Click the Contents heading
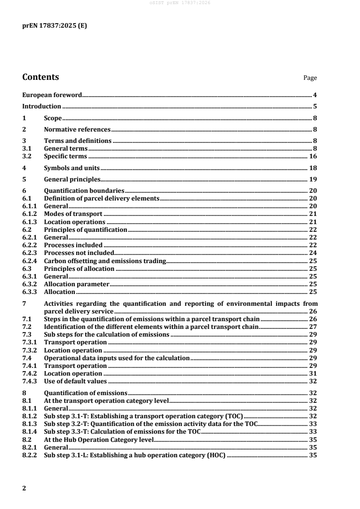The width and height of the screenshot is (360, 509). (x=40, y=77)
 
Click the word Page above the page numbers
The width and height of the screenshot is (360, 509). (x=310, y=78)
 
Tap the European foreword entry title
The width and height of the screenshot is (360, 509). (x=52, y=95)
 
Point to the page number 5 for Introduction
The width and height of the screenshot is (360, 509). (x=315, y=107)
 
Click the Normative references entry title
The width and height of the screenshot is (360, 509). (x=76, y=129)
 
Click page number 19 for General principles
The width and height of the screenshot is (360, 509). (x=313, y=179)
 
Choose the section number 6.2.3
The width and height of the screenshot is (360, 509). (x=30, y=253)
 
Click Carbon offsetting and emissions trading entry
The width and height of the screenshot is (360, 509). (x=105, y=261)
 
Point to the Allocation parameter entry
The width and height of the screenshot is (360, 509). (x=76, y=284)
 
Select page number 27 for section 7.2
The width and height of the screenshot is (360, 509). (x=313, y=327)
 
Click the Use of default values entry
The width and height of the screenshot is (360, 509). (x=75, y=381)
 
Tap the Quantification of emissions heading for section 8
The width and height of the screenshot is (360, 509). (x=85, y=393)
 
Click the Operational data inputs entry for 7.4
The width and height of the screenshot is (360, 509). (x=116, y=358)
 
